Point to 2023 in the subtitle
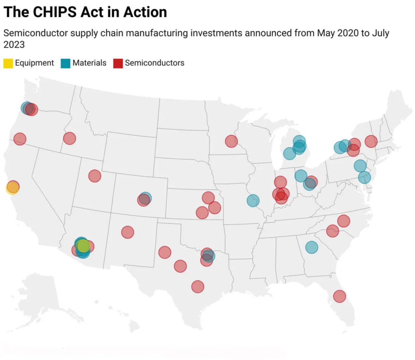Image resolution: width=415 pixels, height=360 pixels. pyautogui.click(x=14, y=44)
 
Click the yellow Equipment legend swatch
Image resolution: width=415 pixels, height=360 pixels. pyautogui.click(x=8, y=63)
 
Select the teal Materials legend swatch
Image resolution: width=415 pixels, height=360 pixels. pyautogui.click(x=65, y=63)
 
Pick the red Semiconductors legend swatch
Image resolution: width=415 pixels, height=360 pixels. pyautogui.click(x=118, y=63)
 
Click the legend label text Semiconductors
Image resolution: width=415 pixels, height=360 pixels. pyautogui.click(x=155, y=63)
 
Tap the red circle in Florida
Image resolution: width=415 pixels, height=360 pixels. pyautogui.click(x=339, y=296)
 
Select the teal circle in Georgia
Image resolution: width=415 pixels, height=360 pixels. pyautogui.click(x=312, y=247)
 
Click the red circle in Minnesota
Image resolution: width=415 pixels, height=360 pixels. pyautogui.click(x=231, y=141)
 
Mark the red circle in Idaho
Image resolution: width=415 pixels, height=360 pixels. pyautogui.click(x=69, y=138)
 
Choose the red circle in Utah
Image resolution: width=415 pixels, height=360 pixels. pyautogui.click(x=94, y=176)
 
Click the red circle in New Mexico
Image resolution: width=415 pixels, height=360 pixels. pyautogui.click(x=127, y=232)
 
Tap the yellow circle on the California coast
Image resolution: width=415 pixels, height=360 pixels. pyautogui.click(x=12, y=188)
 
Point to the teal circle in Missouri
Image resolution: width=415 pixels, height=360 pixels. pyautogui.click(x=253, y=201)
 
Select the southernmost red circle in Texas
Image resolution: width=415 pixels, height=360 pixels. pyautogui.click(x=198, y=287)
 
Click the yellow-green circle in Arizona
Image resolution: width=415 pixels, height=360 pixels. pyautogui.click(x=83, y=246)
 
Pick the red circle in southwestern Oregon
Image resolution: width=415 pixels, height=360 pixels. pyautogui.click(x=20, y=139)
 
